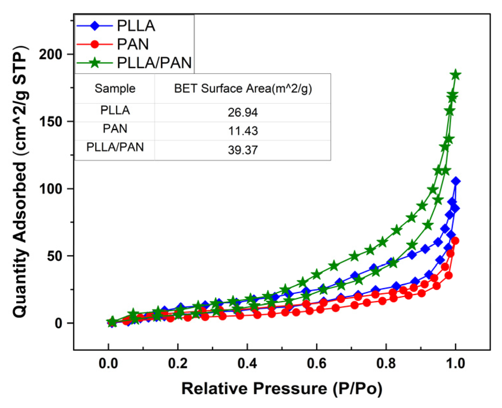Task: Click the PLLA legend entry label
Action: click(136, 26)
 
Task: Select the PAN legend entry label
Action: click(133, 44)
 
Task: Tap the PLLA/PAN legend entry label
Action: click(154, 63)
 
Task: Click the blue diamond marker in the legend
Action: click(94, 26)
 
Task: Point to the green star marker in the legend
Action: click(94, 63)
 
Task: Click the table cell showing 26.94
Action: click(243, 113)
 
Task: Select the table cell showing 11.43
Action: click(243, 131)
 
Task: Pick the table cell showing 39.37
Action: click(243, 150)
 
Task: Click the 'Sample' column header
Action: click(115, 88)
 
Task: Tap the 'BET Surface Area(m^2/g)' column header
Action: click(243, 88)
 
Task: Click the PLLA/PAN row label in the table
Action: click(115, 147)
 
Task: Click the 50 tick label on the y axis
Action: click(54, 256)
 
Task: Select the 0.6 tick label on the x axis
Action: click(317, 363)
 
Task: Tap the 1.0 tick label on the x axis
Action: click(455, 363)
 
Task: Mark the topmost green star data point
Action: click(456, 75)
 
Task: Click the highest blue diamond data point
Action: click(456, 181)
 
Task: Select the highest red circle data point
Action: click(455, 241)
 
